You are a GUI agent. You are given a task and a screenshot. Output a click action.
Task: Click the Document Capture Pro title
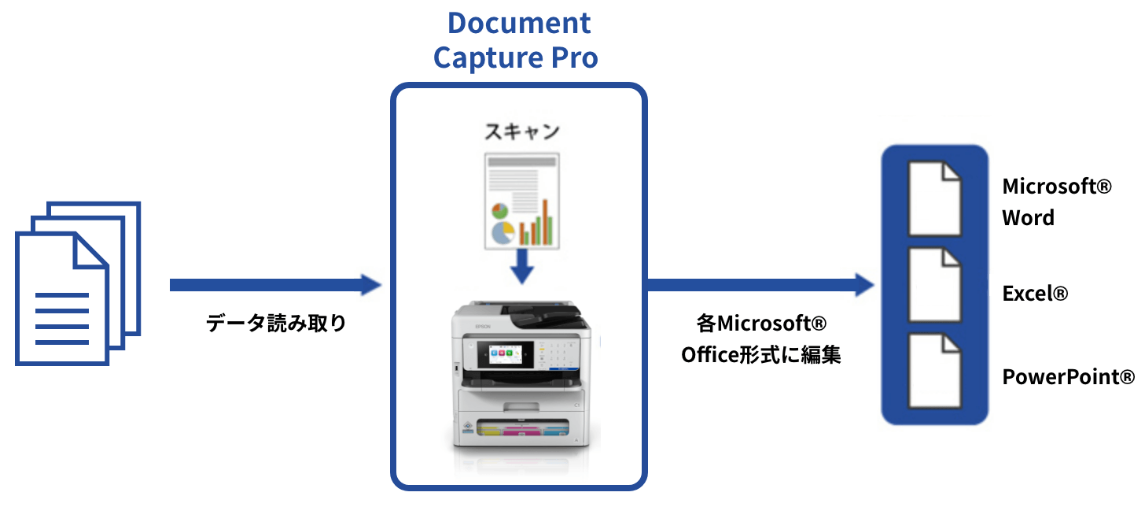tap(518, 39)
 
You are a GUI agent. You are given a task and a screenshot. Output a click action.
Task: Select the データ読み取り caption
tap(276, 323)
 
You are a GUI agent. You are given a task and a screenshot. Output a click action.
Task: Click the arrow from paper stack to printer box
tap(275, 284)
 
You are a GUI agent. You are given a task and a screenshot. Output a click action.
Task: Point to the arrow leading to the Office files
tap(760, 284)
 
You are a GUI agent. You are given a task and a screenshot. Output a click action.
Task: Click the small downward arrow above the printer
tap(521, 267)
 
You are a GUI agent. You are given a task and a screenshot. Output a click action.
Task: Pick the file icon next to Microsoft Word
tap(934, 198)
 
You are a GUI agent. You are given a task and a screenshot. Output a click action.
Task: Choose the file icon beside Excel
tap(934, 285)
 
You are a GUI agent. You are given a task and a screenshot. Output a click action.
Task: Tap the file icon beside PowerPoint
tap(934, 371)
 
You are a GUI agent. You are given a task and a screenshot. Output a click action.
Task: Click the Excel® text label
tap(1035, 294)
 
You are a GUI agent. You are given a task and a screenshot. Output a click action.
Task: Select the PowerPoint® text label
tap(1068, 376)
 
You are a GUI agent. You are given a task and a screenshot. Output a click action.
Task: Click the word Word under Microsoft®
tap(1028, 217)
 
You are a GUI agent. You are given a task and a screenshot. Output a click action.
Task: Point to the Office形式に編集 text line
tap(760, 354)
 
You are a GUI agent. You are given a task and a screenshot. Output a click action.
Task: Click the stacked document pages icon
tap(77, 283)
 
